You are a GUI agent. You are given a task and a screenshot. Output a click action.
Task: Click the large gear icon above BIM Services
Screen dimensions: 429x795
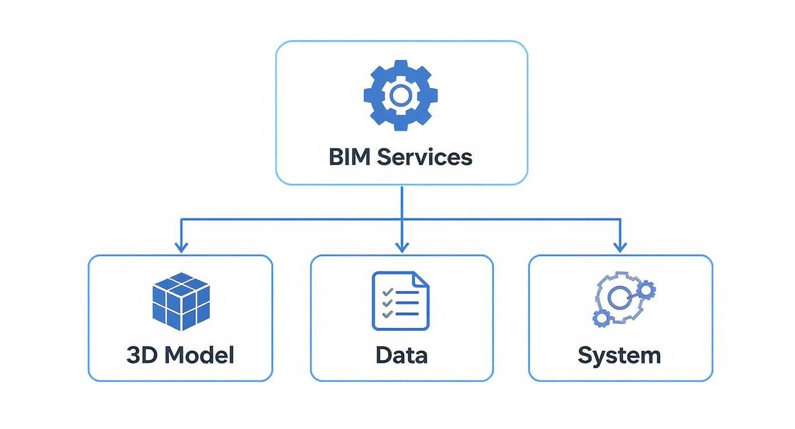(401, 95)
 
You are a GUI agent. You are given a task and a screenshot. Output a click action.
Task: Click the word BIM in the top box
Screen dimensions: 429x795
(350, 156)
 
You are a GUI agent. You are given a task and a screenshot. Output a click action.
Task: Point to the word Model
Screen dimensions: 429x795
(199, 355)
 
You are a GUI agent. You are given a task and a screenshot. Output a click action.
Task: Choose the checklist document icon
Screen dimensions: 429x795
(400, 301)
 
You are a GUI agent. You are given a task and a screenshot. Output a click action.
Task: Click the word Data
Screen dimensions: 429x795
(401, 355)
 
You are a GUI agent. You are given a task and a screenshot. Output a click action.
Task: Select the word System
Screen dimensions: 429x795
(619, 355)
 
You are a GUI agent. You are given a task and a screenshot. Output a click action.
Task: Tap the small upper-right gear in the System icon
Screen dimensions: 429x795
(646, 290)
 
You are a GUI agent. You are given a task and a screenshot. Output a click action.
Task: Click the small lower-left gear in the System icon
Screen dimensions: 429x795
(600, 318)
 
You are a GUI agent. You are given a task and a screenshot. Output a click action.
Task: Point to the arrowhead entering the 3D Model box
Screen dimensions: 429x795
(181, 248)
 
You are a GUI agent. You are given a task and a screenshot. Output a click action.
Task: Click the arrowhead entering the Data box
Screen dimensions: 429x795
(402, 248)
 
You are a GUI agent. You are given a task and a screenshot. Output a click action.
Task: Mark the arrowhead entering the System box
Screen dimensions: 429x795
(620, 248)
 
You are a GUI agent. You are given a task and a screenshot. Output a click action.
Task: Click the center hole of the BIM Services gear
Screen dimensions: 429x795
(401, 95)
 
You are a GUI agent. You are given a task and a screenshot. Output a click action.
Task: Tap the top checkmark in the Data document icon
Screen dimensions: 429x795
(388, 292)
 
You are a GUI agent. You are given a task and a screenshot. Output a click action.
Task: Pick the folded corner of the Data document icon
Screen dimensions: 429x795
(421, 279)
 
